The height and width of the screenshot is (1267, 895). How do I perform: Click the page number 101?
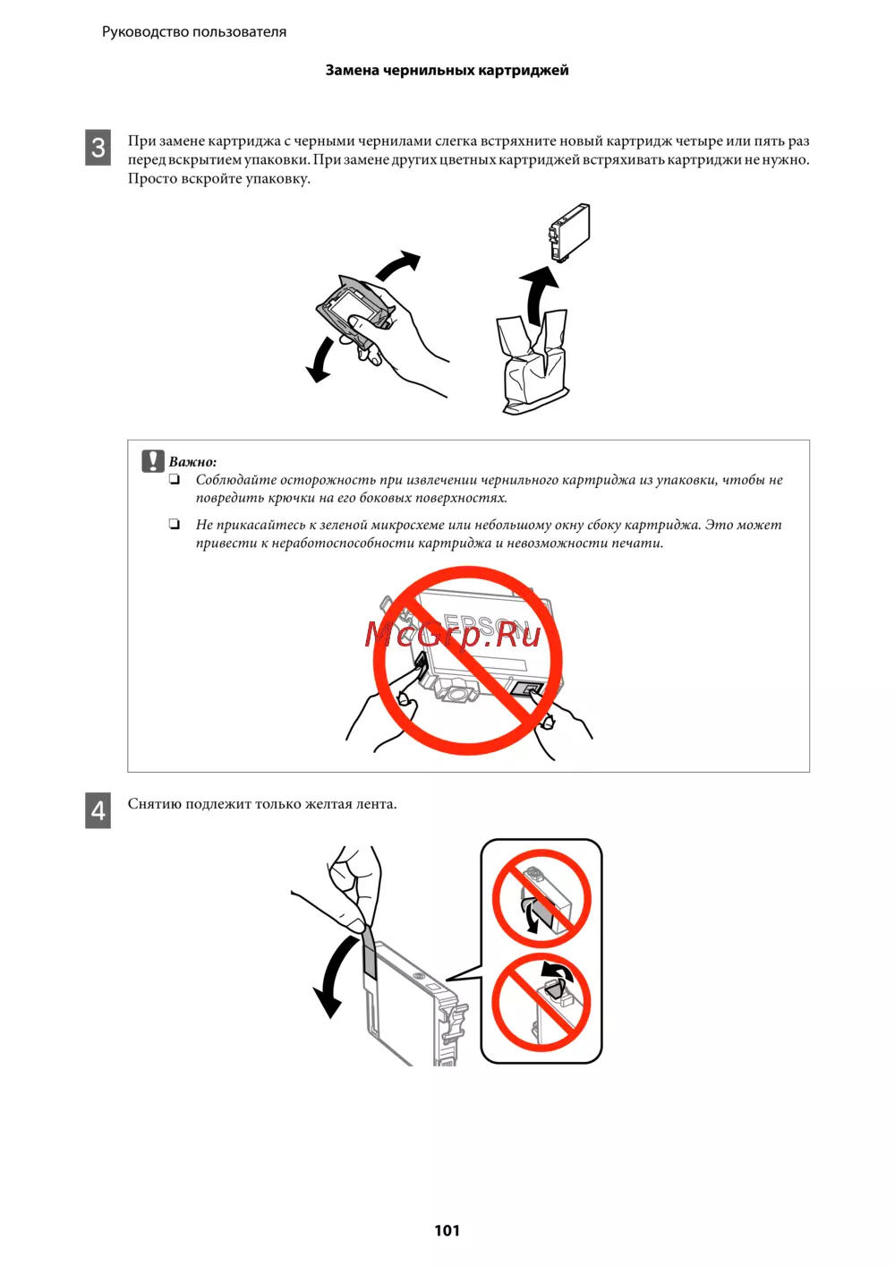point(447,1229)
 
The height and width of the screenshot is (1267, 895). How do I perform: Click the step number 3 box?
point(98,148)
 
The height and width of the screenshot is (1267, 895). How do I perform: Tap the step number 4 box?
point(98,810)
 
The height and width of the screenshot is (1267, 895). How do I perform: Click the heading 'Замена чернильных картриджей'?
point(447,70)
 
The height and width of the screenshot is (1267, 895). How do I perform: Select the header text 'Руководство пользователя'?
point(194,31)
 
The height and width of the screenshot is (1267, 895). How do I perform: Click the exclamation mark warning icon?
point(153,461)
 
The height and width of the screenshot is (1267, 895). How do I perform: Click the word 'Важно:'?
point(192,461)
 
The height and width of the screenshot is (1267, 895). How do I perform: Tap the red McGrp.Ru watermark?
point(452,635)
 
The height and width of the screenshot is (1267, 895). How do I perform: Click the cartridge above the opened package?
point(569,232)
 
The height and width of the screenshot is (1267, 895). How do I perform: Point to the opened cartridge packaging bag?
point(532,361)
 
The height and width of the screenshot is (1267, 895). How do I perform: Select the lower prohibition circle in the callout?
point(541,1002)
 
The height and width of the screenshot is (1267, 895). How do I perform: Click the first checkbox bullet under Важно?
point(175,480)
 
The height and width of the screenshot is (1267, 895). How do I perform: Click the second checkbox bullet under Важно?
point(175,525)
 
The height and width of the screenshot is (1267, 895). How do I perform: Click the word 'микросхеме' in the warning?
point(403,525)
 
